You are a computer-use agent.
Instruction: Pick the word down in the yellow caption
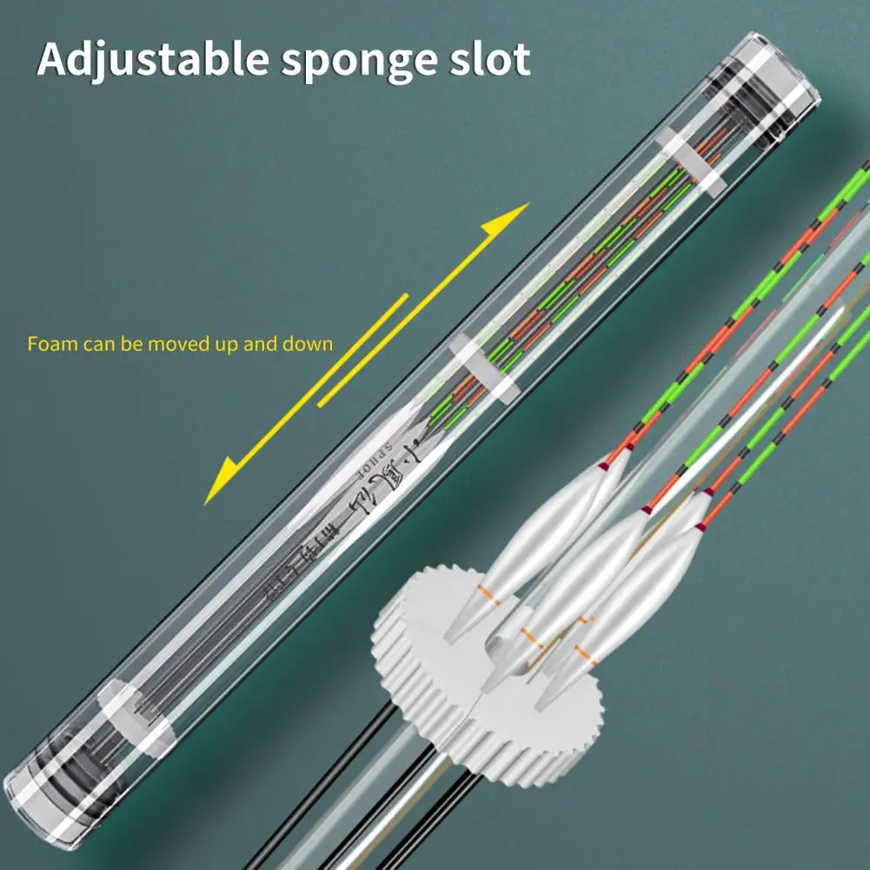pyautogui.click(x=308, y=344)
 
